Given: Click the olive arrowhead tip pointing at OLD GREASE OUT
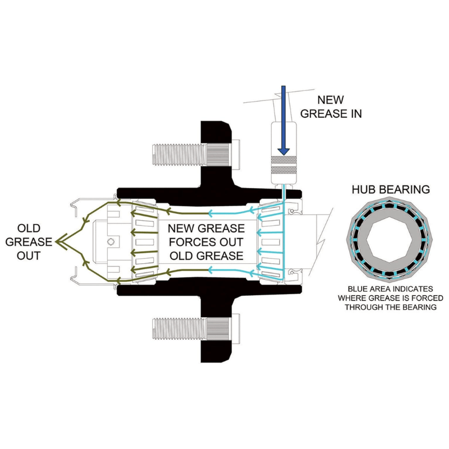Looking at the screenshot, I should pyautogui.click(x=57, y=242).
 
